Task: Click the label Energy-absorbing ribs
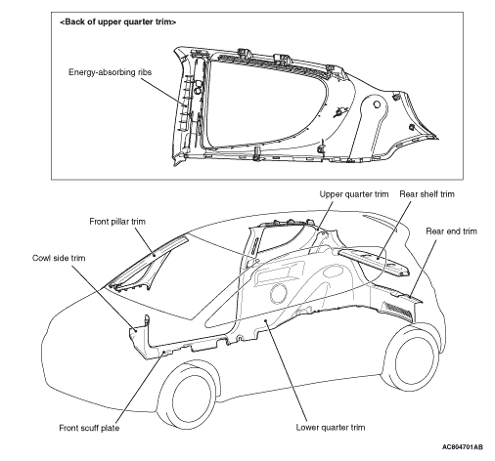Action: (x=110, y=72)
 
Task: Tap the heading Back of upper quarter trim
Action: (x=118, y=21)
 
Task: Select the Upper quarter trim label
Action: (x=354, y=194)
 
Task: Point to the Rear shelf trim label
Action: (x=427, y=194)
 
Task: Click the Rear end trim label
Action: (x=451, y=231)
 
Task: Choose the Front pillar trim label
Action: (x=117, y=222)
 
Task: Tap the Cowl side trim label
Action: (x=59, y=258)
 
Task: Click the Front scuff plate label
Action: (x=89, y=428)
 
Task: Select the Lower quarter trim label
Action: (x=331, y=427)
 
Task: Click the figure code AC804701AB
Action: (x=463, y=447)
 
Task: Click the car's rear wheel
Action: (x=414, y=357)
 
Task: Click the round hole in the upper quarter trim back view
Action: (x=377, y=105)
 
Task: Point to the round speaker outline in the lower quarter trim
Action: (x=279, y=293)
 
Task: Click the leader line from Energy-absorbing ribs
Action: (x=163, y=91)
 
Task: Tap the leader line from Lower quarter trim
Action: (x=287, y=371)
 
